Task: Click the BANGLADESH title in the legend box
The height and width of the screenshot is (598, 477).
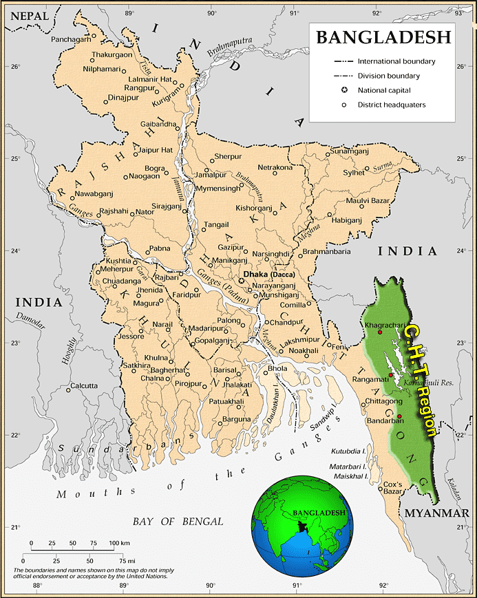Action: [384, 37]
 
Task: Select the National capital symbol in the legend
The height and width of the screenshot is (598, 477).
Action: [343, 90]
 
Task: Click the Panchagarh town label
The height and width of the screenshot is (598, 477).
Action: [71, 40]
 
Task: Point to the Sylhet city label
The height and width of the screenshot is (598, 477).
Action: [354, 173]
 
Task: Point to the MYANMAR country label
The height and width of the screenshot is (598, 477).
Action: [436, 513]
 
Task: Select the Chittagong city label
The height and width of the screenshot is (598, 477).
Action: [384, 401]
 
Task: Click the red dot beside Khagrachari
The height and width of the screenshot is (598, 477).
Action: [379, 333]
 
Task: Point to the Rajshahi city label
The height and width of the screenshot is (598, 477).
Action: [114, 211]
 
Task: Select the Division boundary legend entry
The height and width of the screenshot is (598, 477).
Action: [388, 76]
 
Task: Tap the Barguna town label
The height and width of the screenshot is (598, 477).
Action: [236, 418]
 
